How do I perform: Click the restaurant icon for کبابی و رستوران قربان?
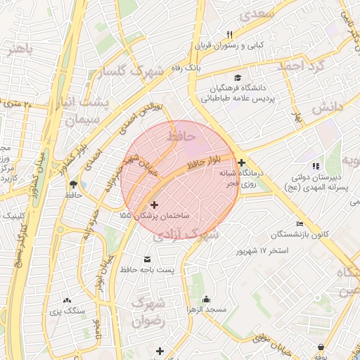tap(229, 34)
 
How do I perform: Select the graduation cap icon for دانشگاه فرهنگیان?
tap(238, 78)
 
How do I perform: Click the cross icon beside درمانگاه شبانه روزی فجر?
tap(242, 162)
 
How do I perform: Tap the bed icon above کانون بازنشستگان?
tap(300, 224)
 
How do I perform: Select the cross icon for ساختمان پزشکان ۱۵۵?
tap(155, 205)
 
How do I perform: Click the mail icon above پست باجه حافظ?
tap(147, 259)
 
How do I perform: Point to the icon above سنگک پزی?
tap(67, 300)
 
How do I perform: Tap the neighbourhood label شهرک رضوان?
tap(149, 311)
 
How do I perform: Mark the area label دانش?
tap(327, 107)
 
